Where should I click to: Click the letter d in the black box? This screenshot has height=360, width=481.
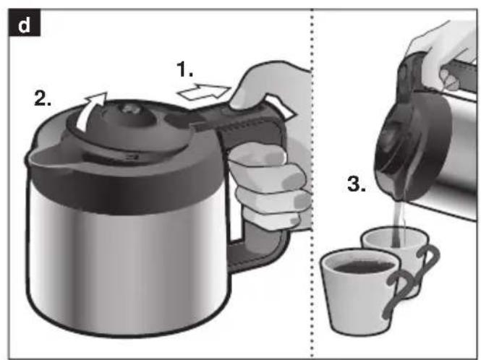click(x=24, y=24)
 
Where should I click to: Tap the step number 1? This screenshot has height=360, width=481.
click(x=184, y=69)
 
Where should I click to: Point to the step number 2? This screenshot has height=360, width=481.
click(x=43, y=98)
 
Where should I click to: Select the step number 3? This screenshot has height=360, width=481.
click(x=357, y=184)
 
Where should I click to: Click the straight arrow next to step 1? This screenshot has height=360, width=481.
click(x=204, y=92)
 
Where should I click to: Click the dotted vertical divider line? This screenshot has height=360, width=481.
click(x=312, y=184)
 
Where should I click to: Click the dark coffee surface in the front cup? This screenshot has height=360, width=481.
click(x=364, y=266)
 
